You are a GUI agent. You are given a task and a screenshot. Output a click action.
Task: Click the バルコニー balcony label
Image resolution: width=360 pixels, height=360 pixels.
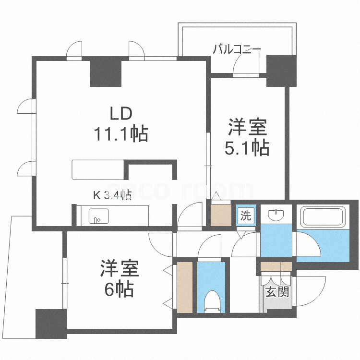point(237,49)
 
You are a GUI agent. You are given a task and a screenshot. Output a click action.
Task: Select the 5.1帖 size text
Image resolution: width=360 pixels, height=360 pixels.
point(247,148)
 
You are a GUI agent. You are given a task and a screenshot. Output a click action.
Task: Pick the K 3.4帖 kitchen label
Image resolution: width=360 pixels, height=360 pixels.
point(112,194)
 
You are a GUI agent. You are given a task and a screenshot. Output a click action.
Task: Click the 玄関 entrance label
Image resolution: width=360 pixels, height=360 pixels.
point(277,291)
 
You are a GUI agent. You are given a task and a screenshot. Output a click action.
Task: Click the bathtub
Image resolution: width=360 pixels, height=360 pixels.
point(323,218)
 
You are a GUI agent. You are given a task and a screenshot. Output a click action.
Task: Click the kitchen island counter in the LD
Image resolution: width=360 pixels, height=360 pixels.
point(98,169)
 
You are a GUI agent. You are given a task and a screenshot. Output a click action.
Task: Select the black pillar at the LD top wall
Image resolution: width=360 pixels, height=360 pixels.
point(106,72)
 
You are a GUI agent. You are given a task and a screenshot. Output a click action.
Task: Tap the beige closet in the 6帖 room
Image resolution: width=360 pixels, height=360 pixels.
point(184,287)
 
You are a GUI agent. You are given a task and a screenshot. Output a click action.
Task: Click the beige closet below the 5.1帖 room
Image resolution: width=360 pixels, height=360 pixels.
point(221,215)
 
